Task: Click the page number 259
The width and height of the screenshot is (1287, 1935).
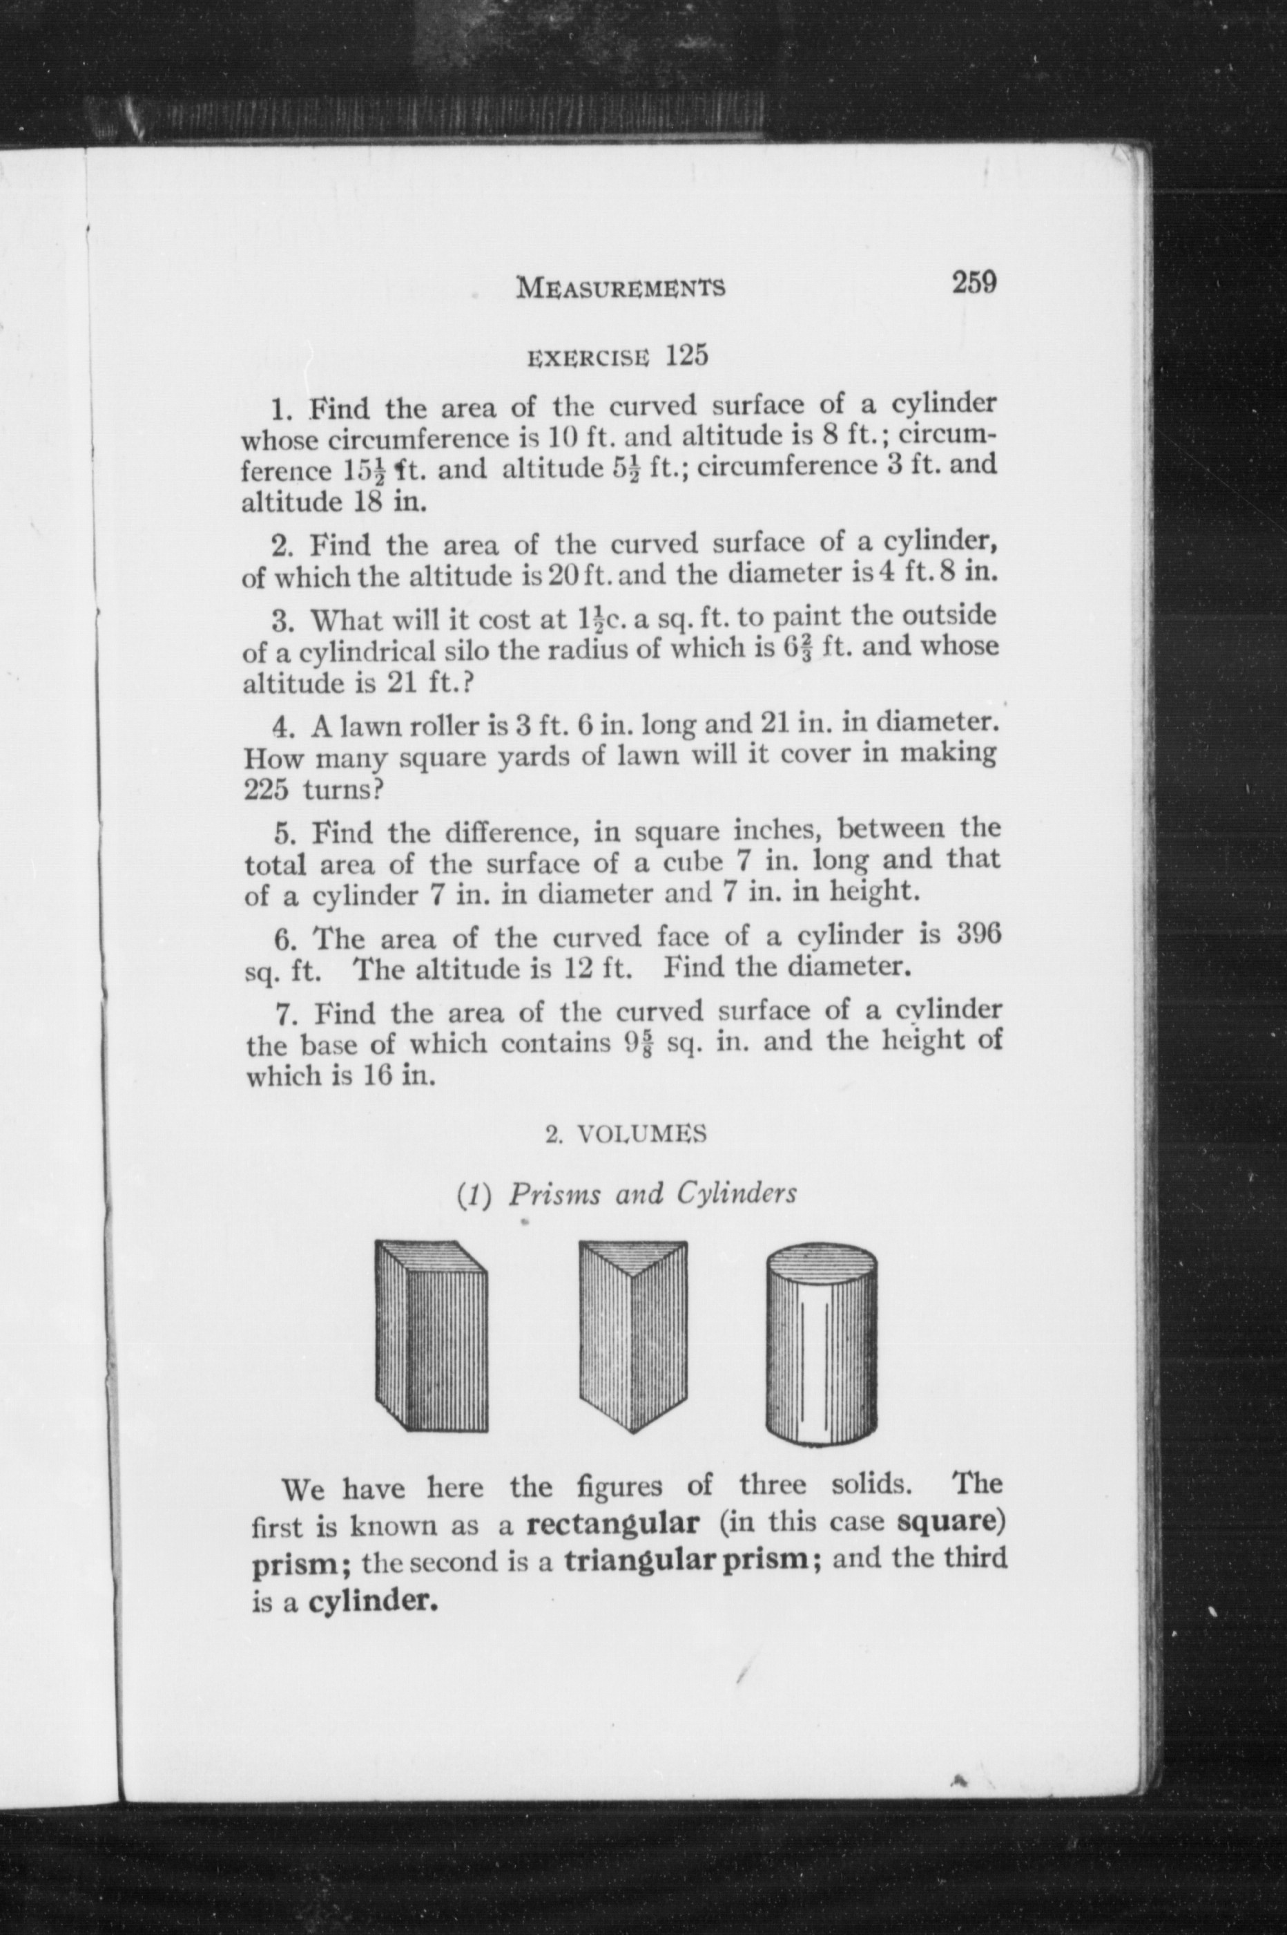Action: [x=974, y=283]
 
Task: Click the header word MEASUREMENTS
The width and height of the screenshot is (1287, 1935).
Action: [x=621, y=288]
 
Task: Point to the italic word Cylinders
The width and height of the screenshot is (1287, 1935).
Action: [x=736, y=1193]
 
